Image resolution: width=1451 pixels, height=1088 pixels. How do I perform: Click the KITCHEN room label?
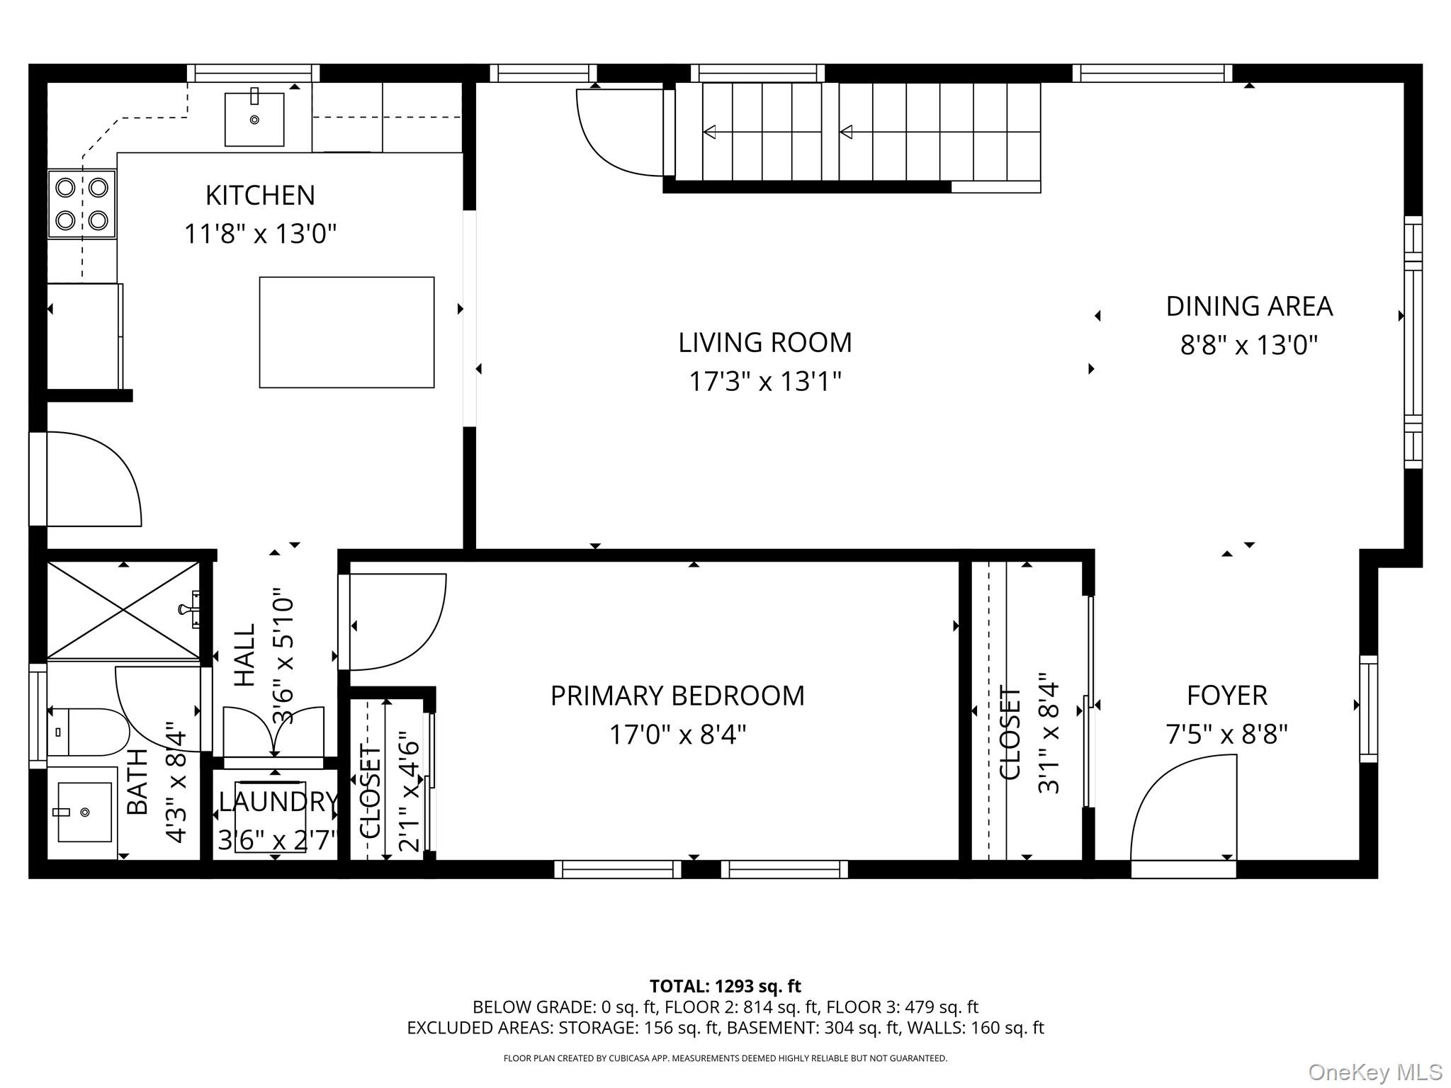260,195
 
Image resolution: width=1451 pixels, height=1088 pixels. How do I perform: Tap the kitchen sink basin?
254,120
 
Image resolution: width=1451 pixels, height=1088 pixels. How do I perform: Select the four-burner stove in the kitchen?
82,204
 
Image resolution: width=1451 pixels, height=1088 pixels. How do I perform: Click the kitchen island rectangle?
346,332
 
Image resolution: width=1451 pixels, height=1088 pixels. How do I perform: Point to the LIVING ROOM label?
765,343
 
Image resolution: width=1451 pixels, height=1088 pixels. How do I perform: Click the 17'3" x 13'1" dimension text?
765,382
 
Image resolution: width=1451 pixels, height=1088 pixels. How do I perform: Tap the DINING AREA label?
1249,306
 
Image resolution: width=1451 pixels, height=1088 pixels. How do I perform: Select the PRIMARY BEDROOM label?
677,696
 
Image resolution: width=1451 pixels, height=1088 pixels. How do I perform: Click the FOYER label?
1227,696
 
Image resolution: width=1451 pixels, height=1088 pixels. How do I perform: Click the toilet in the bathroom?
89,732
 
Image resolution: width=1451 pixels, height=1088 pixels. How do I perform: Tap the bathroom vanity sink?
84,812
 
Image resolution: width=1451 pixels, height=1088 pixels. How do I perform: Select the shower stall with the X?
123,610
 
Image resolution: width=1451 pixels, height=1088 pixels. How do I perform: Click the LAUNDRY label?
278,802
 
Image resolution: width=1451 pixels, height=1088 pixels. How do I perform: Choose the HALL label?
244,655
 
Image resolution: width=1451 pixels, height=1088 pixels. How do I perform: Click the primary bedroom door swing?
393,621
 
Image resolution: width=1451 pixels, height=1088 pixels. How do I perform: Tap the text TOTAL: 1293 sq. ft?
725,986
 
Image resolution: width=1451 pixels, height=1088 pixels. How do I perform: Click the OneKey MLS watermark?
1375,1072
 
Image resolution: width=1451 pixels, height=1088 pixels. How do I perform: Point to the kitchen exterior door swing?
86,479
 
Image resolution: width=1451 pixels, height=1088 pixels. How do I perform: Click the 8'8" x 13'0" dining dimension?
1249,346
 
